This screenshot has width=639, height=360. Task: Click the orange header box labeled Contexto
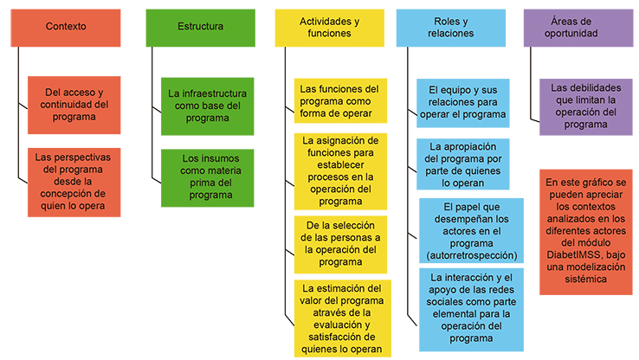66,28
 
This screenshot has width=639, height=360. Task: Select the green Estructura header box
201,28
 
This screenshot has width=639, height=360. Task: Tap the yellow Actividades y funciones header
329,28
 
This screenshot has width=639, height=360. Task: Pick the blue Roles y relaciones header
451,28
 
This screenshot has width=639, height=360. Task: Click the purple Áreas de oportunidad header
578,28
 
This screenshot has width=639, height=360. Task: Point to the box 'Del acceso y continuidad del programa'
74,105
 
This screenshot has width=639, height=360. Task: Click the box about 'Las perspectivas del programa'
74,182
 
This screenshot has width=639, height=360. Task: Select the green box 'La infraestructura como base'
208,106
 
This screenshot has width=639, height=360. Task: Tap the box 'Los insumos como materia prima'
208,178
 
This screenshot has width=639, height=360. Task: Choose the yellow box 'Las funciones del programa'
340,100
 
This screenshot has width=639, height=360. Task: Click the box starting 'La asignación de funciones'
340,171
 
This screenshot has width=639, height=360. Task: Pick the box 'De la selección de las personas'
340,244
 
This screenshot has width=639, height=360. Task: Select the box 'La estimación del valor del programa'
342,318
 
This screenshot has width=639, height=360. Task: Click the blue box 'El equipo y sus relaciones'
463,103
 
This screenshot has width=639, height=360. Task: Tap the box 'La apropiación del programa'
463,164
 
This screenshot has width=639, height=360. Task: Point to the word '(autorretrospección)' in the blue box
472,256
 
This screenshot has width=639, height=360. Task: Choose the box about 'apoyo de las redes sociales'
471,310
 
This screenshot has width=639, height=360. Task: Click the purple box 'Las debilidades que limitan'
586,107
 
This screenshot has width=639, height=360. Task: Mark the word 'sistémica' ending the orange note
585,280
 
